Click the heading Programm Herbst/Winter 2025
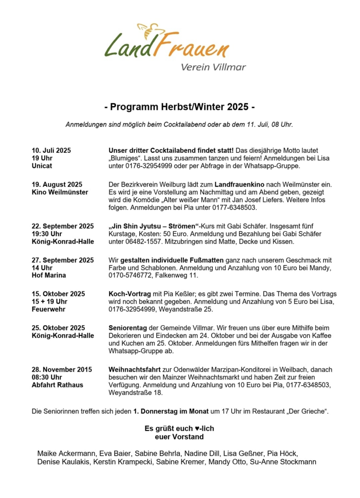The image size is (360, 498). pyautogui.click(x=180, y=107)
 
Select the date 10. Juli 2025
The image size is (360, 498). pyautogui.click(x=52, y=150)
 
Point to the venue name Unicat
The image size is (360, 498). pyautogui.click(x=41, y=165)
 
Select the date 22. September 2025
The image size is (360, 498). pyautogui.click(x=63, y=226)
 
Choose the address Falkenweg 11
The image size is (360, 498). pyautogui.click(x=177, y=275)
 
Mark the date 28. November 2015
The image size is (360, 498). pyautogui.click(x=62, y=370)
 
